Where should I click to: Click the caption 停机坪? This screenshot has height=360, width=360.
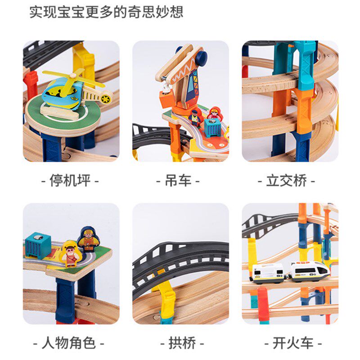coord(71,181)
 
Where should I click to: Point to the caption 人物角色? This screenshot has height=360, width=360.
coord(71,343)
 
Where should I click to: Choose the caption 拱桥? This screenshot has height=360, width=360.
coord(180,343)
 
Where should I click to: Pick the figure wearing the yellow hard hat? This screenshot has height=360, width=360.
coord(88,239)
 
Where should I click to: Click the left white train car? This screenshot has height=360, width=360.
coord(267,273)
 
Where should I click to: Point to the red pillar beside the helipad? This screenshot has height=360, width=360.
coord(30,85)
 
